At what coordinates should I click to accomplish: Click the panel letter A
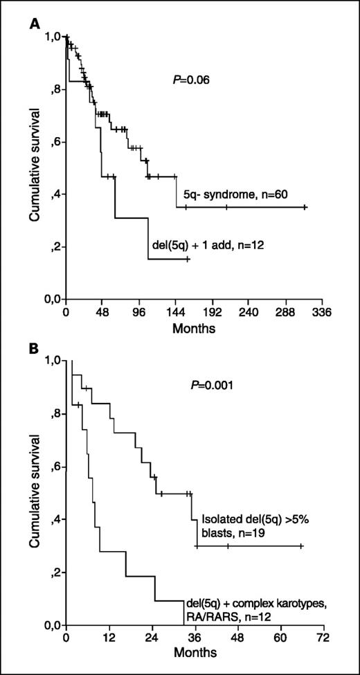pyautogui.click(x=33, y=23)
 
